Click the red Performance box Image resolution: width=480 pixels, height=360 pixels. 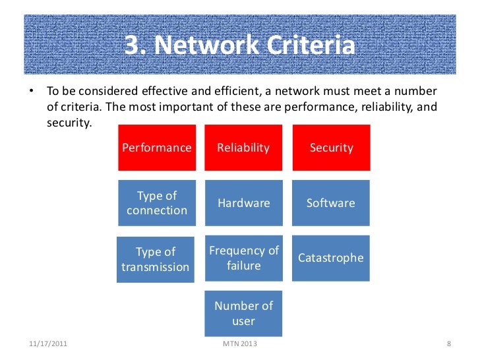157,147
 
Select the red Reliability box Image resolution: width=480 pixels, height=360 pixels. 243,147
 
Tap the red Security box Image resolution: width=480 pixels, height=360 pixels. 331,147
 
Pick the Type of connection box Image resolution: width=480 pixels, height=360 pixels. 157,203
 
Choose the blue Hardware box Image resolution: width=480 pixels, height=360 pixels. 243,203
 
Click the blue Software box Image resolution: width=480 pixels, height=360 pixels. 331,203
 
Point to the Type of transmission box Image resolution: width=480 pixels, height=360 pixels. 156,259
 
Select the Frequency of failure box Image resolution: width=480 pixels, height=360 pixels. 244,258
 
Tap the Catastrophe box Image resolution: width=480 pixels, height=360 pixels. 331,258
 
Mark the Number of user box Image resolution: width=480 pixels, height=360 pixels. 244,313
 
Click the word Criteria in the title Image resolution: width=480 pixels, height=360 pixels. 309,47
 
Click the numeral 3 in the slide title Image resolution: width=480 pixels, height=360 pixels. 131,47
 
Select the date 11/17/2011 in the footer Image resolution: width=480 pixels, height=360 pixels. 48,344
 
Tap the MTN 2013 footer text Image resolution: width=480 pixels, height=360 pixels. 241,344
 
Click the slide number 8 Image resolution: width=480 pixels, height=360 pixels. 448,344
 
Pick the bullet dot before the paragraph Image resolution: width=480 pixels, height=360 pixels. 31,90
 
